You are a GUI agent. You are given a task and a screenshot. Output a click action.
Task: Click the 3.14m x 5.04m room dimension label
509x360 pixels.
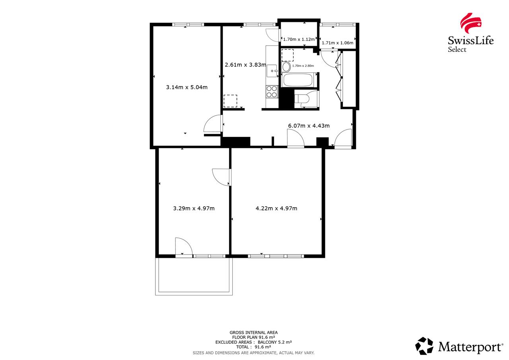click(x=187, y=87)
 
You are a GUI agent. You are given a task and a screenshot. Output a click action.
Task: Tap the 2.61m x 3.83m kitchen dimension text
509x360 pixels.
click(x=245, y=64)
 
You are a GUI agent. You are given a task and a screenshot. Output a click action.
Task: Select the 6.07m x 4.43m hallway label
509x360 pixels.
click(x=309, y=126)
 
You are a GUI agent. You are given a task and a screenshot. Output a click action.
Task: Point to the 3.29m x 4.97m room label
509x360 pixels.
click(x=194, y=208)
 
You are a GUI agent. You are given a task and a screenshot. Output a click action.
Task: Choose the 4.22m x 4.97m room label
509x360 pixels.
click(x=276, y=208)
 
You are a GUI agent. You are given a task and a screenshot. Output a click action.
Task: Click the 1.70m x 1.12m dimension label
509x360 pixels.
click(x=299, y=39)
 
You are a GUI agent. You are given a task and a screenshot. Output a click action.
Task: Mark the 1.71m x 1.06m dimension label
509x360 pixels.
click(x=337, y=43)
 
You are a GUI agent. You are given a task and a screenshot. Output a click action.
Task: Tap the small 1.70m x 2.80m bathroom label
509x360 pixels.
click(x=303, y=66)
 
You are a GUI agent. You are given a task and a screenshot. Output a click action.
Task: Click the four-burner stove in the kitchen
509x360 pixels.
click(x=272, y=91)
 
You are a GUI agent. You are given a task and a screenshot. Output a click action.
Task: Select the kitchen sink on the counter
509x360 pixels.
click(x=272, y=70)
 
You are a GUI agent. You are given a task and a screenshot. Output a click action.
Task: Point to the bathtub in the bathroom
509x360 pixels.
click(x=298, y=80)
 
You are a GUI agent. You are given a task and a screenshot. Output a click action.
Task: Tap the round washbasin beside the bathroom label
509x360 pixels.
click(x=286, y=66)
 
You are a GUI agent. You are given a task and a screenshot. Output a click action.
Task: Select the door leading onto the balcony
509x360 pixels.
click(x=184, y=247)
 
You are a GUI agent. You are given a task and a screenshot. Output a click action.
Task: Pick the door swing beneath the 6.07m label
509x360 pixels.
click(x=296, y=139)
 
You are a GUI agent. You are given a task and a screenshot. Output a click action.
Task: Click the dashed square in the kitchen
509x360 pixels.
click(x=230, y=101)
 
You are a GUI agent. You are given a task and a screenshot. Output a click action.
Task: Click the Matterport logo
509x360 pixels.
click(x=459, y=346)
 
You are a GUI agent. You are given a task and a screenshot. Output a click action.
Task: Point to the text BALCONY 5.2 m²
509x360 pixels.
click(x=274, y=342)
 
